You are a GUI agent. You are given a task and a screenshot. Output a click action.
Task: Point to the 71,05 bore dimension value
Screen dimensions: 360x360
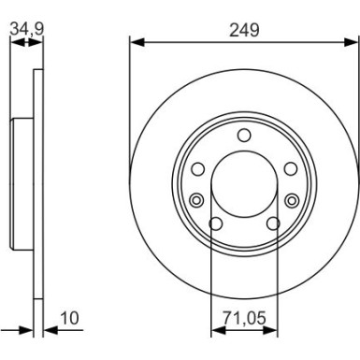[x=244, y=318]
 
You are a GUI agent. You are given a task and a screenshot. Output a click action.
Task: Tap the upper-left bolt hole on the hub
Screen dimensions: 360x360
[x=198, y=168]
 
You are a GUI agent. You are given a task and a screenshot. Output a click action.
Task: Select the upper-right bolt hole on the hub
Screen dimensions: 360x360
[x=290, y=168]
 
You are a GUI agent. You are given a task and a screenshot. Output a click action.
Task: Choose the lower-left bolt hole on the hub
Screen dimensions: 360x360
[x=215, y=223]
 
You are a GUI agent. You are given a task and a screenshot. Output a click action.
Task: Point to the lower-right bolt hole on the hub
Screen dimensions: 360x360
[x=273, y=223]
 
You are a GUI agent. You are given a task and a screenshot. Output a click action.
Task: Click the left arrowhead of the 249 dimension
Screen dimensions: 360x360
[x=134, y=41]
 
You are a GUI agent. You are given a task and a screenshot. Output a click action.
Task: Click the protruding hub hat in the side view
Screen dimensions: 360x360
[x=21, y=181]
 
